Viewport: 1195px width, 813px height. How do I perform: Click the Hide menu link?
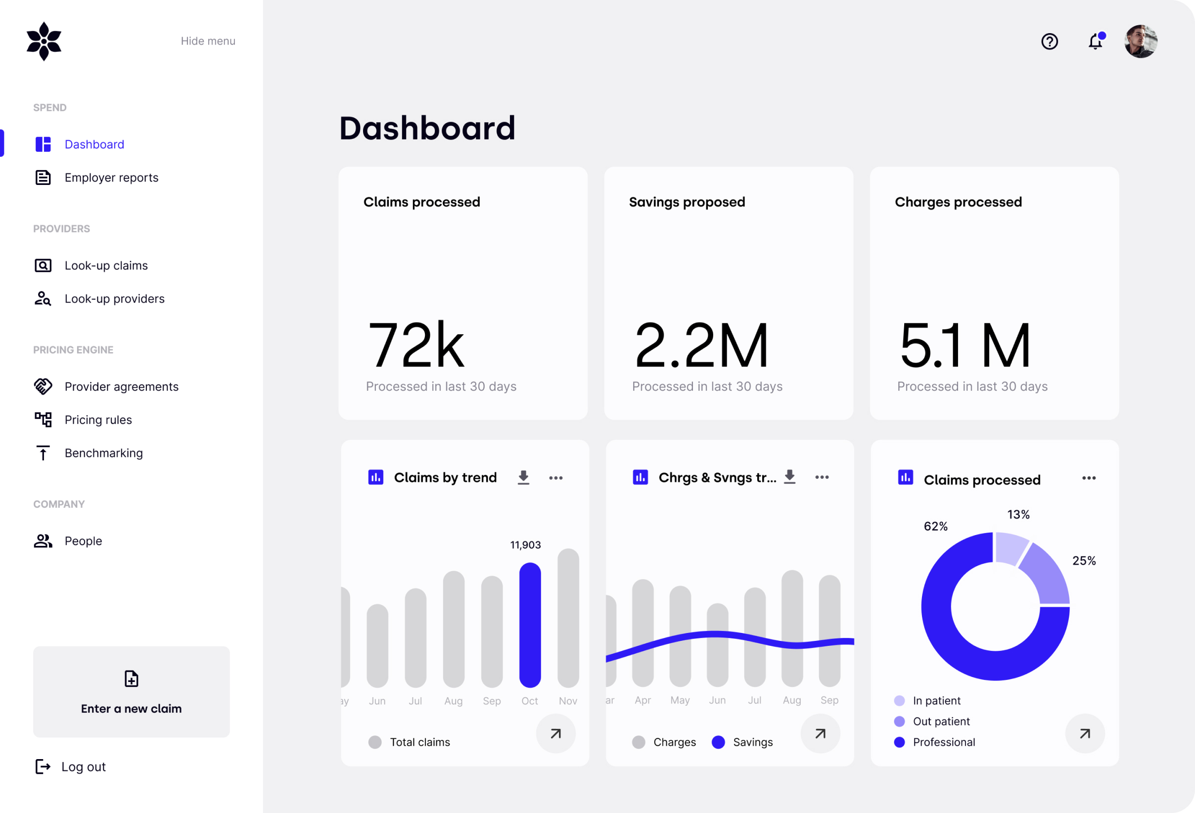tap(208, 41)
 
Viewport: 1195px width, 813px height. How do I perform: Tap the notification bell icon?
tap(1095, 41)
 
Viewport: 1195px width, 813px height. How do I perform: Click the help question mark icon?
tap(1050, 41)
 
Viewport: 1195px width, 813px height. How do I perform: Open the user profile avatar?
tap(1141, 41)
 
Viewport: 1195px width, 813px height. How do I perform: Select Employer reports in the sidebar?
tap(111, 178)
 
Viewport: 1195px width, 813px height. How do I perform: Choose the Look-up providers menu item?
tap(114, 299)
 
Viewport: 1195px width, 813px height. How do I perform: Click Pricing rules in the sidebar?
tap(98, 420)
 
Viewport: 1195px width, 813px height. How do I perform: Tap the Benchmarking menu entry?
tap(103, 453)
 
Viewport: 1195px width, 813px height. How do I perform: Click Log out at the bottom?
tap(83, 767)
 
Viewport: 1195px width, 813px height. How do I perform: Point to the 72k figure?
tap(416, 345)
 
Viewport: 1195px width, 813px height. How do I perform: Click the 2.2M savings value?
tap(701, 345)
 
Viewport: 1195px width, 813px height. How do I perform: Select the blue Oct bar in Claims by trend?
tap(530, 625)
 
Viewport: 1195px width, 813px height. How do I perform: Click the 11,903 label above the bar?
tap(525, 545)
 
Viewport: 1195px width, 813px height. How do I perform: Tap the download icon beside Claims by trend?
tap(523, 477)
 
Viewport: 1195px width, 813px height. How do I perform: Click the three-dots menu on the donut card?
tap(1089, 478)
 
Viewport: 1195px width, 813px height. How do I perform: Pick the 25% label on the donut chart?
tap(1083, 561)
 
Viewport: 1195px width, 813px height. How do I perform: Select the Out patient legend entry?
tap(940, 722)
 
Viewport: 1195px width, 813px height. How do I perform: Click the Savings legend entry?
tap(752, 742)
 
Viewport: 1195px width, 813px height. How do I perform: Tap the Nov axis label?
tap(568, 701)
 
